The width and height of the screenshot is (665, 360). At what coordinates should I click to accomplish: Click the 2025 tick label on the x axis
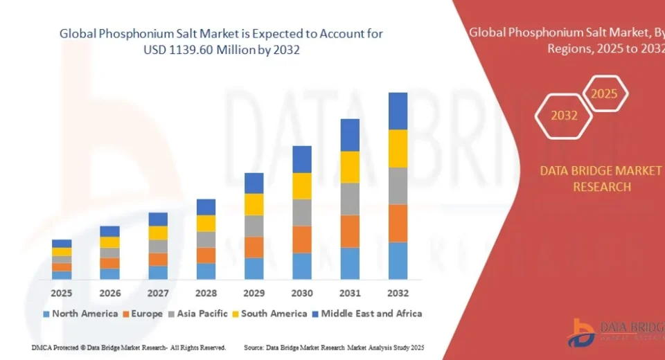click(x=62, y=293)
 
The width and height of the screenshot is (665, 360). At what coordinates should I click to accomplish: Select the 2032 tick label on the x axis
click(x=398, y=293)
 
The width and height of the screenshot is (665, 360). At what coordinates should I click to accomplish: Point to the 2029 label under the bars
click(x=254, y=293)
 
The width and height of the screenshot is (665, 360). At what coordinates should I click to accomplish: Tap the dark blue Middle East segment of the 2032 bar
click(x=398, y=111)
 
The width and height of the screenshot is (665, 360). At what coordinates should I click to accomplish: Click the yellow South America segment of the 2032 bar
click(x=398, y=148)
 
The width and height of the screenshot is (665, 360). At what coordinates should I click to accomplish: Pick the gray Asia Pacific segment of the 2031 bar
click(x=350, y=199)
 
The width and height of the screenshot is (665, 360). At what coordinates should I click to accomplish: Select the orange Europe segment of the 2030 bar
click(x=302, y=239)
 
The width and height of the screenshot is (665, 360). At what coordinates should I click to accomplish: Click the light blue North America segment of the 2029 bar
click(x=254, y=268)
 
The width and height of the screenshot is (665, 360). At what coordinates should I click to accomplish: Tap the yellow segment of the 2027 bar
click(x=158, y=233)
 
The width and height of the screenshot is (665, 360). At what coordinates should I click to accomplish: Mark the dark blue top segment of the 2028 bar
click(x=206, y=207)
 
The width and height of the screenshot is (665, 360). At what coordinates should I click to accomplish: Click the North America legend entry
click(x=80, y=314)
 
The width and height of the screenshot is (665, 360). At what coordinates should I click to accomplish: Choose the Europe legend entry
click(x=143, y=314)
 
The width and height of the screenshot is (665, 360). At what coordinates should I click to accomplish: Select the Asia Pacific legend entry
click(x=197, y=314)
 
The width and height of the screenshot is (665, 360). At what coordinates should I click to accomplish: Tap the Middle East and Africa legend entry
click(x=366, y=314)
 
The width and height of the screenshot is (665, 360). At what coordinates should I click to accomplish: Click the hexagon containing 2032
click(x=564, y=116)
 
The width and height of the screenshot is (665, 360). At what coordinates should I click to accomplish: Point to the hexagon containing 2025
click(x=604, y=94)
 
